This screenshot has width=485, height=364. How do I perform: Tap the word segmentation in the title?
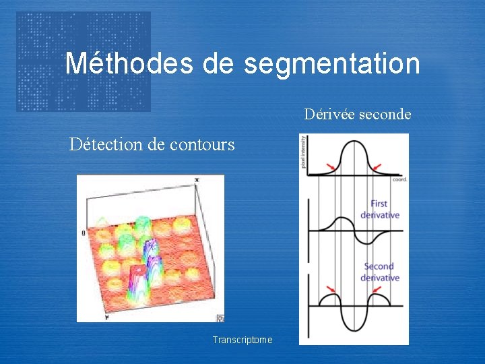pyautogui.click(x=332, y=64)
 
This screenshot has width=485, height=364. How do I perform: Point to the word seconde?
pyautogui.click(x=385, y=114)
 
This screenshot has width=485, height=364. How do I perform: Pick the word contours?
pyautogui.click(x=202, y=144)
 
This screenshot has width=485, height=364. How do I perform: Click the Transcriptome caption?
pyautogui.click(x=243, y=340)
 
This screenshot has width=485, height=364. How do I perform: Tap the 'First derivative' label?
pyautogui.click(x=380, y=209)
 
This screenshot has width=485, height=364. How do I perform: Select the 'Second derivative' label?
pyautogui.click(x=380, y=272)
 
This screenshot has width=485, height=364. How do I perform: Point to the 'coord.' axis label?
pyautogui.click(x=399, y=179)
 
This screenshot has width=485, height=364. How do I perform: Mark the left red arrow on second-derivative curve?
pyautogui.click(x=331, y=290)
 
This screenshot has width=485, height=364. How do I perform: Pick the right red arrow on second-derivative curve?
pyautogui.click(x=379, y=290)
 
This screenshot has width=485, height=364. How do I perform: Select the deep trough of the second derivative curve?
pyautogui.click(x=355, y=330)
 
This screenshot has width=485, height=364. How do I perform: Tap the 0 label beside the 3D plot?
pyautogui.click(x=84, y=233)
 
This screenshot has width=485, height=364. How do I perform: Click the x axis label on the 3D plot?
pyautogui.click(x=197, y=180)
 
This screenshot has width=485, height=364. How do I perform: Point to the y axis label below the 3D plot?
pyautogui.click(x=106, y=316)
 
